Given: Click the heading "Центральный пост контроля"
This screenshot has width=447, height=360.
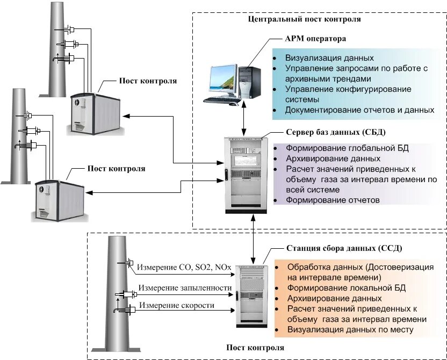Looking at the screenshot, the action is coord(304,19).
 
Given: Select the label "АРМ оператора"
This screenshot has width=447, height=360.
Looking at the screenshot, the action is coord(315,39).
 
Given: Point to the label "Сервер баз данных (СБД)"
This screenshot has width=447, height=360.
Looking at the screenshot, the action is coord(336,132).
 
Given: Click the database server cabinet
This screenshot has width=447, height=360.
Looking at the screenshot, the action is coord(246,175).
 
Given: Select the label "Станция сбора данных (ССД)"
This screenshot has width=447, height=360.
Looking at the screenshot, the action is coord(344,248).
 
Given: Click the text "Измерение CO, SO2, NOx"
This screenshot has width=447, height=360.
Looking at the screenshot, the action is coord(184,268).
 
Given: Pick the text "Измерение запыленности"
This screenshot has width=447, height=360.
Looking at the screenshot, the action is coord(185,288).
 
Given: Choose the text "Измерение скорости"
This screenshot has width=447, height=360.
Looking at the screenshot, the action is coord(177,306).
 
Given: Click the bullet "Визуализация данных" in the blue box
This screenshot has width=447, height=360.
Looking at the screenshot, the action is coord(329,58).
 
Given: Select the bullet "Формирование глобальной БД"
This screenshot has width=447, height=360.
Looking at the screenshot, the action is coord(347,148).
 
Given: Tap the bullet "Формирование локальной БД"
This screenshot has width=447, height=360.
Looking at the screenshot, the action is coord(347,288).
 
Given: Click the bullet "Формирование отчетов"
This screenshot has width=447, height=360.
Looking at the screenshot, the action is coord(333,200).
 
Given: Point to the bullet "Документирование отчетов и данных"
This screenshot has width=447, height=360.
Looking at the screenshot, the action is coord(359,110).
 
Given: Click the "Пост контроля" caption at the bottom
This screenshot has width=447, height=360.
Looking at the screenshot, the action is coord(255,348).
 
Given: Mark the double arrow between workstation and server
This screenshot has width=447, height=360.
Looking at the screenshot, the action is coord(244,118).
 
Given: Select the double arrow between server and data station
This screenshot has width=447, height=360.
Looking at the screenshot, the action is coord(253,240).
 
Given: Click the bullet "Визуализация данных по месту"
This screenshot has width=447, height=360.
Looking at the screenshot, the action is coord(350,330).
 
